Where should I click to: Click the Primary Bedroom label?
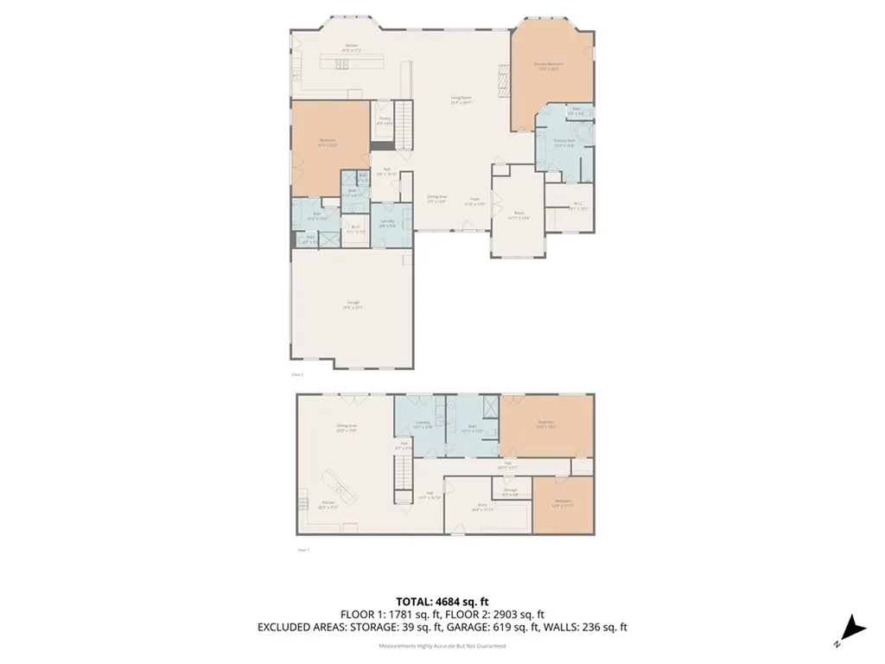point(549,66)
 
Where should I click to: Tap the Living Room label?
point(460,100)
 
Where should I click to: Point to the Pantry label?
point(385,120)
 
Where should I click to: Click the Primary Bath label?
point(564,144)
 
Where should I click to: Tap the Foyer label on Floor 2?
point(474,200)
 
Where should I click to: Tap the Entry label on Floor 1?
point(482,508)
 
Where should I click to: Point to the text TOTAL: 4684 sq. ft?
point(442,601)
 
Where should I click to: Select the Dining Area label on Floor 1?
point(347,427)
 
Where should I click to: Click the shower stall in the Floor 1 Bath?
point(488,407)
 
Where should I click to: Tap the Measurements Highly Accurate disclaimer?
point(442,646)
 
